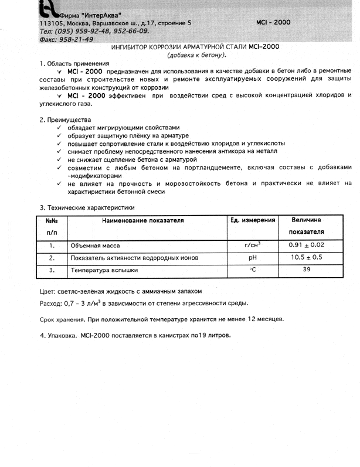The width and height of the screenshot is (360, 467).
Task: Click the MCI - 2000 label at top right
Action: pos(273,22)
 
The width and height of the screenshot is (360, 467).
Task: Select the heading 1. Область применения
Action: pos(74,63)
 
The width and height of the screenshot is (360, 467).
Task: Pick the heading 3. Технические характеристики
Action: pos(87,207)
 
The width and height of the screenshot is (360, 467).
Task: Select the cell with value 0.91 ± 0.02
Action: pos(307,245)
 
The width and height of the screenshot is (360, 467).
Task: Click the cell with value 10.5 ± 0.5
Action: pos(307,257)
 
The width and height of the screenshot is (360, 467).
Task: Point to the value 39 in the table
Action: pos(307,270)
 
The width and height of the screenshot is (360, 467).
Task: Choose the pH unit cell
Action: pos(253,257)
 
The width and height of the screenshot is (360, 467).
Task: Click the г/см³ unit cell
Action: pos(253,245)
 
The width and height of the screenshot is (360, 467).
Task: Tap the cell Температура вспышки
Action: pos(104,271)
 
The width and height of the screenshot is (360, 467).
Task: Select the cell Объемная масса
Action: pos(95,246)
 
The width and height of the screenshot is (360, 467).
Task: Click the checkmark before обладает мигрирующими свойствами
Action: pos(60,128)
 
